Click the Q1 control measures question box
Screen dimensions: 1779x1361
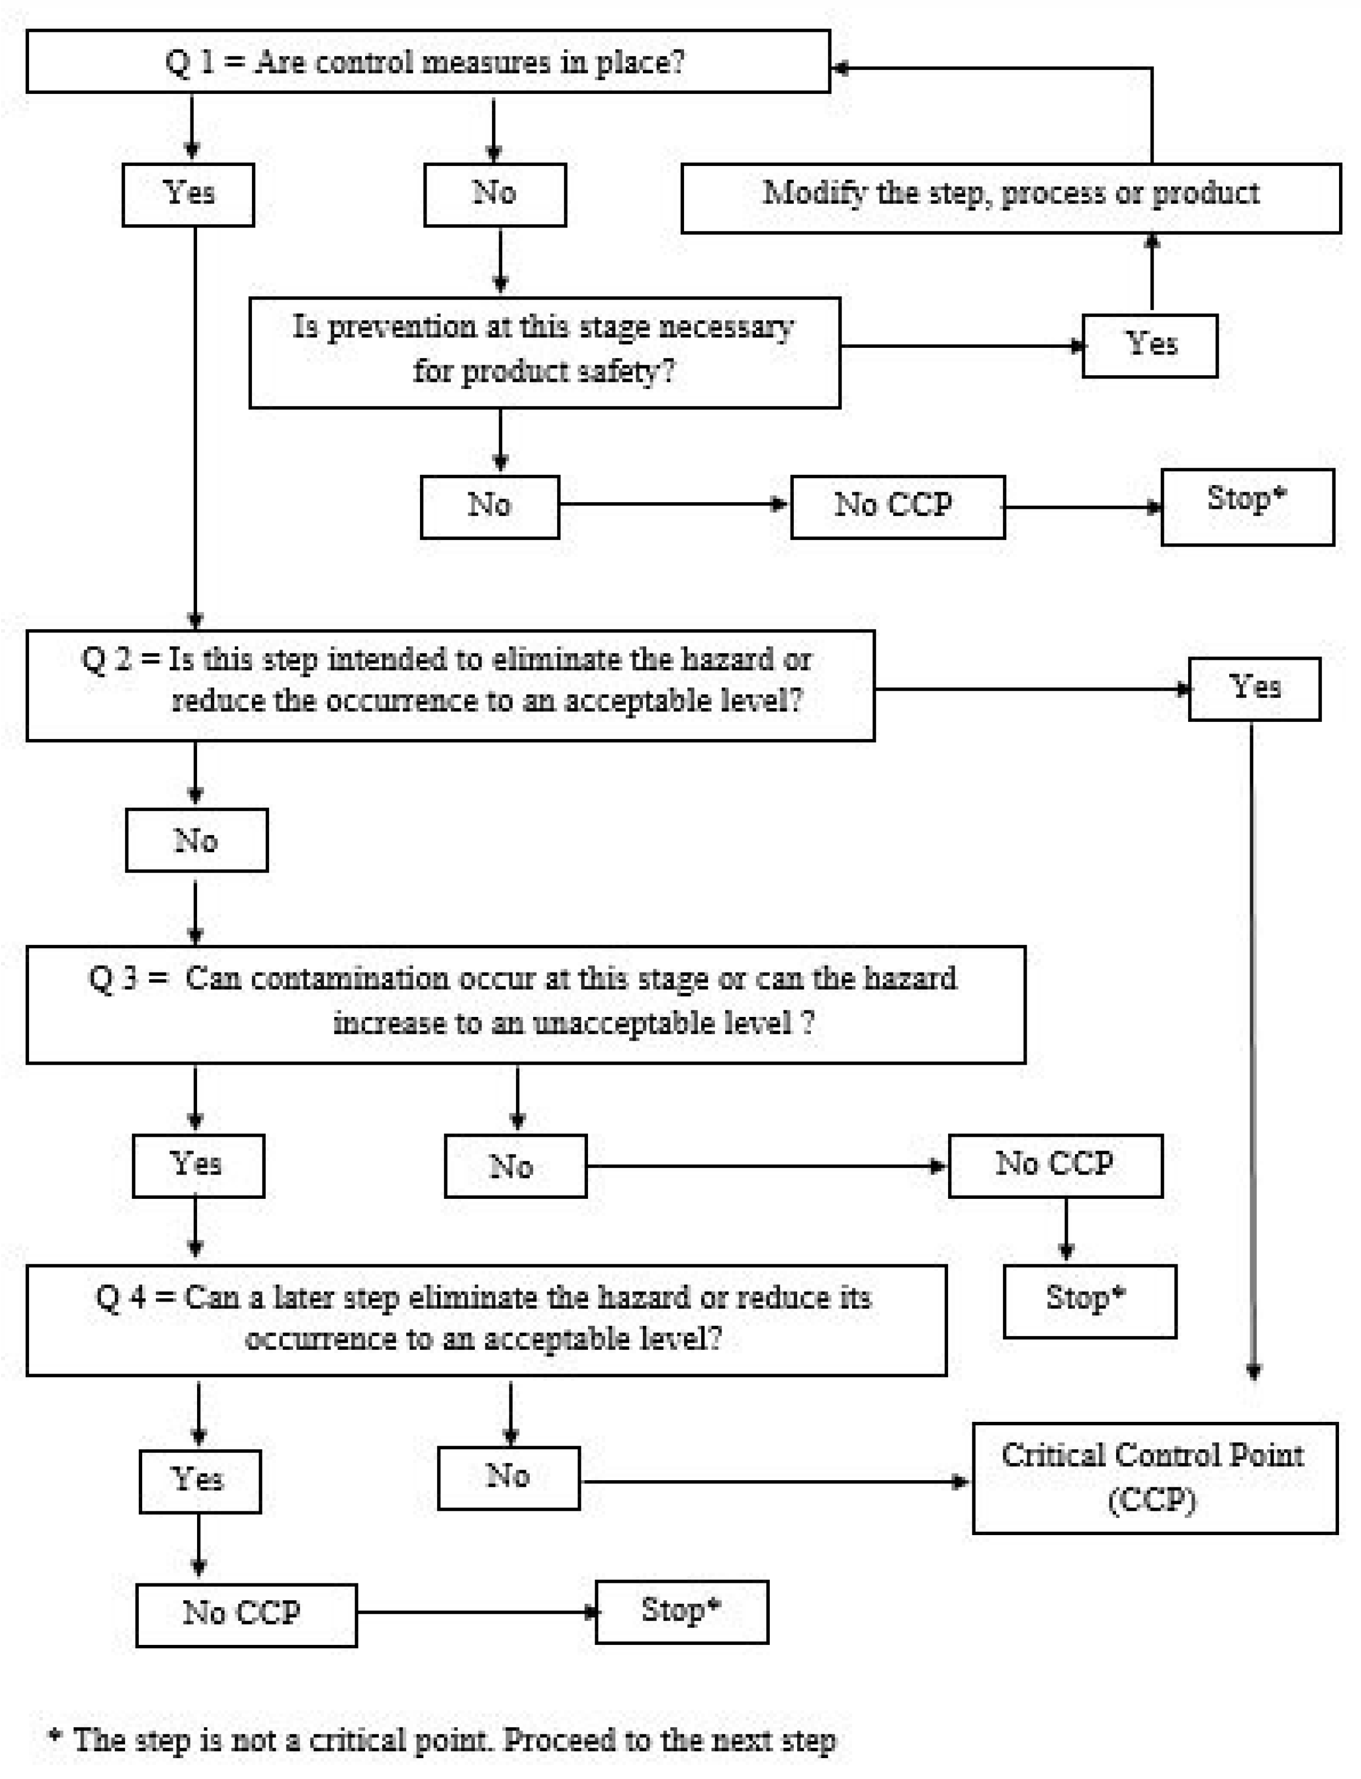point(428,62)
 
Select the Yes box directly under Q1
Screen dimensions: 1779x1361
point(188,194)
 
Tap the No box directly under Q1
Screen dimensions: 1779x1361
point(494,194)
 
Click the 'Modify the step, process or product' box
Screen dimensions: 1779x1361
point(1010,198)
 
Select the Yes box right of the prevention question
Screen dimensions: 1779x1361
point(1150,345)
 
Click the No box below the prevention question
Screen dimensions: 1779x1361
point(489,507)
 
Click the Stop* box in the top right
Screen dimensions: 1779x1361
point(1247,507)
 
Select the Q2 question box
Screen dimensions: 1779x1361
point(450,685)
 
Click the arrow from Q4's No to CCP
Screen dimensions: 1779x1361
point(774,1482)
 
